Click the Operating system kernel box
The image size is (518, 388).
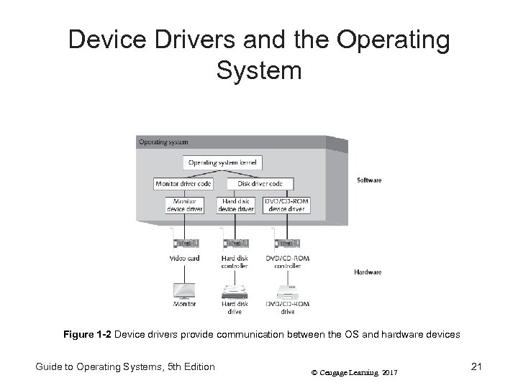click(x=223, y=163)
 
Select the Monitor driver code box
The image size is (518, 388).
click(x=183, y=184)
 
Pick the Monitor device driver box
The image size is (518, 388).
click(x=184, y=205)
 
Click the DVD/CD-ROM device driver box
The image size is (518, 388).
click(x=286, y=205)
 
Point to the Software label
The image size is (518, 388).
click(x=368, y=180)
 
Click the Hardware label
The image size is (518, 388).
click(x=368, y=272)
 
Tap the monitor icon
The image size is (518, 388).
click(x=185, y=290)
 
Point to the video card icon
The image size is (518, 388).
click(x=184, y=241)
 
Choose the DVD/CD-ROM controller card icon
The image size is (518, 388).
click(x=286, y=241)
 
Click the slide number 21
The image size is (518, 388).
click(x=476, y=367)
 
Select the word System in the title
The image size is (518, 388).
click(x=258, y=71)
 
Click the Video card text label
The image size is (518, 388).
click(x=184, y=258)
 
